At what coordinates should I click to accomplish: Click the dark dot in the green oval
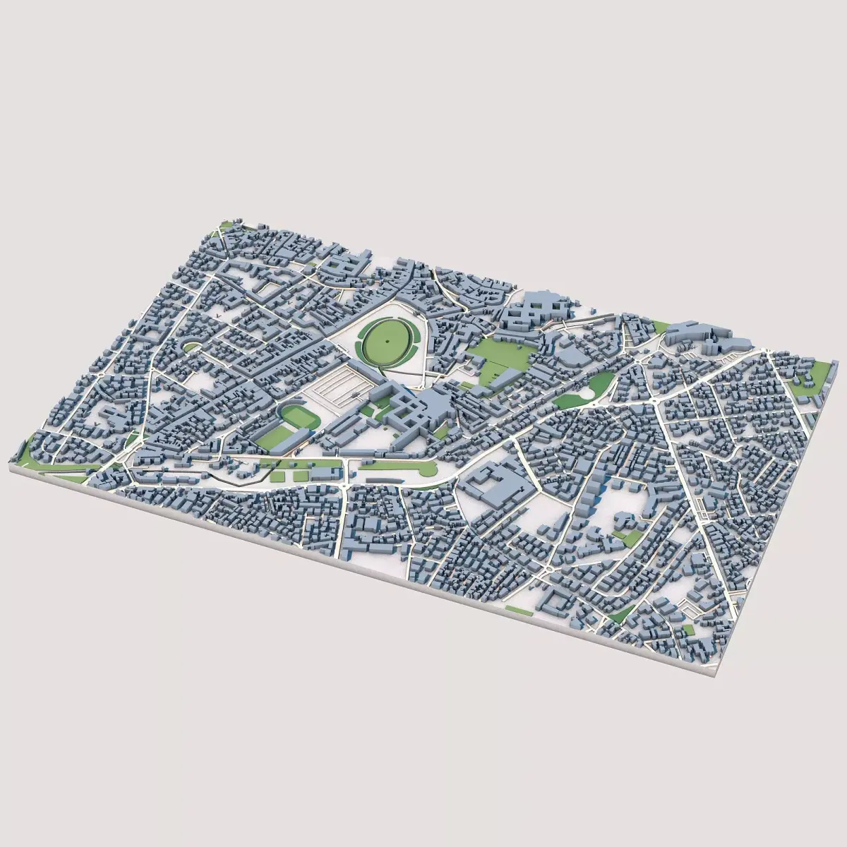pyautogui.click(x=388, y=340)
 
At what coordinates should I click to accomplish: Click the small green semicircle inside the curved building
pyautogui.click(x=191, y=345)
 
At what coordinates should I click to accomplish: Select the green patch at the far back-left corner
pyautogui.click(x=226, y=225)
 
